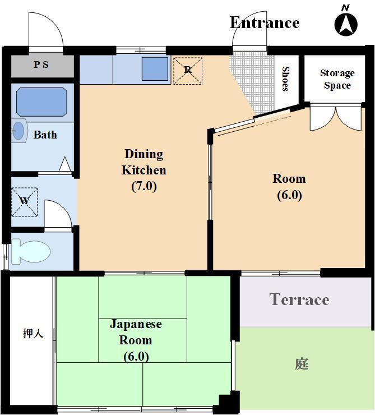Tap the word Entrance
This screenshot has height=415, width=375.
[265, 23]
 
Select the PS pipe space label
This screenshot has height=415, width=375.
[41, 64]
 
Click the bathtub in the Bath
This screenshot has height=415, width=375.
[41, 102]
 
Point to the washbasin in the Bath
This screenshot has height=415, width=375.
[19, 131]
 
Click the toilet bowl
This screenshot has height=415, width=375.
[31, 251]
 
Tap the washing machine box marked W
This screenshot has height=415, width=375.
[24, 202]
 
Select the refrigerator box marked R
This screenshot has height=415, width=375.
[187, 71]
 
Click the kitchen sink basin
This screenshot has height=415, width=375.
[155, 69]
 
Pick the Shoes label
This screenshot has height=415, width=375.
[286, 79]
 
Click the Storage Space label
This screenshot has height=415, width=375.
[337, 79]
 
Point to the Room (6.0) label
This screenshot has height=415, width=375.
[289, 187]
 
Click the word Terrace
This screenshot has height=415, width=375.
[299, 299]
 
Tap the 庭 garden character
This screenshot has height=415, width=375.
[302, 364]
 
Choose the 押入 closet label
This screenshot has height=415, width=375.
[33, 333]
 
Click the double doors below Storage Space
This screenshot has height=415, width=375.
[336, 118]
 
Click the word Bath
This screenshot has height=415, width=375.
[45, 135]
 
